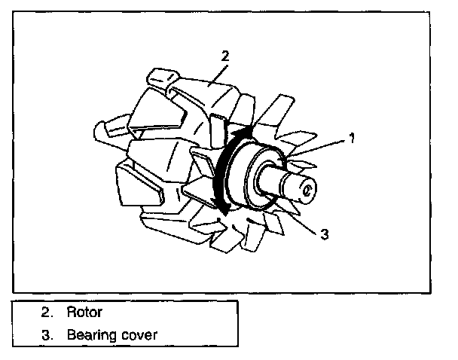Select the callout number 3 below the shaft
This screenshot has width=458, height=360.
pos(324,234)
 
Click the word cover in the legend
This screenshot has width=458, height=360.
pos(140,334)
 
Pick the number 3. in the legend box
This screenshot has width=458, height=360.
pos(47,334)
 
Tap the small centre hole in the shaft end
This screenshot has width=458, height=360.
pos(308,188)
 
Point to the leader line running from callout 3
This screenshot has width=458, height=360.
pos(301,219)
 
